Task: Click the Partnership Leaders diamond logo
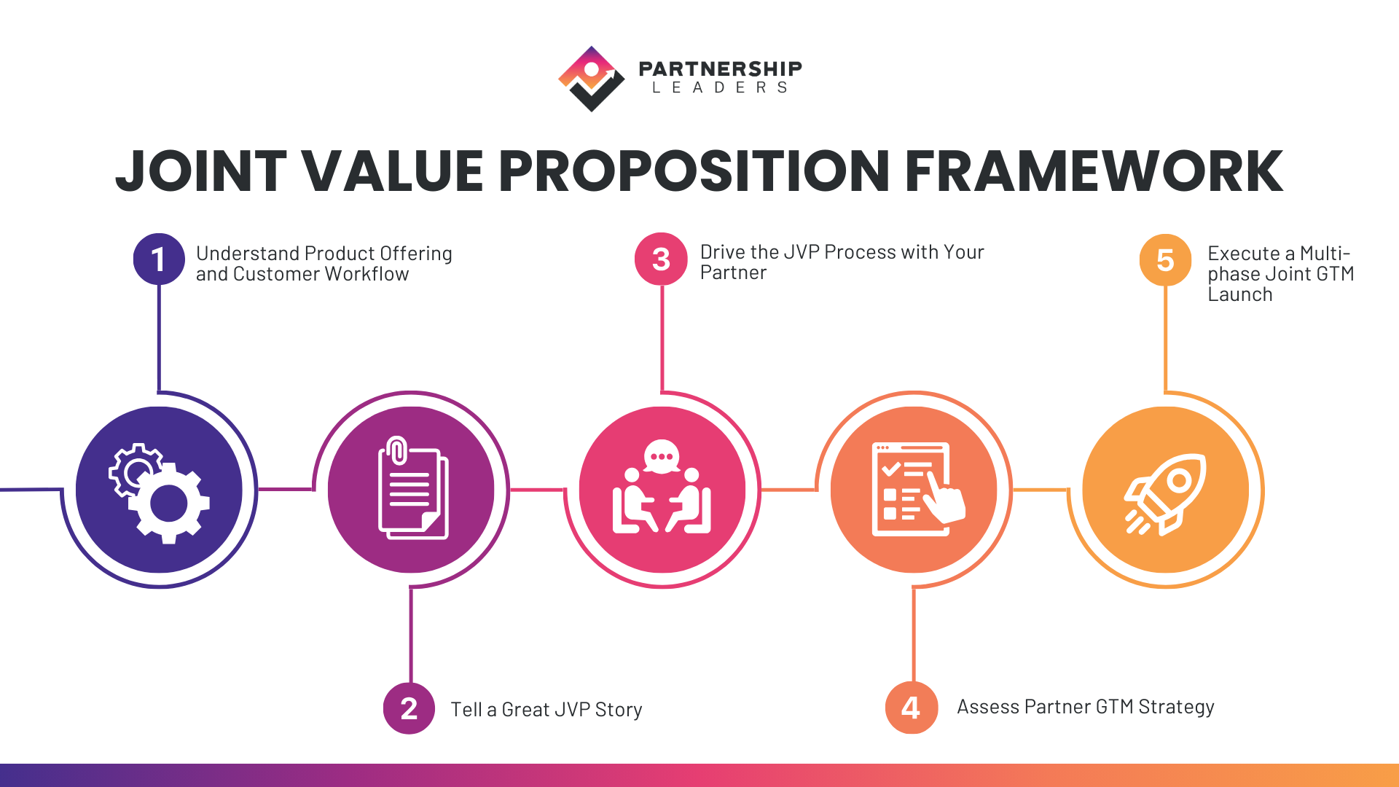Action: [x=591, y=79]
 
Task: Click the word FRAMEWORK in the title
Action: [x=1093, y=172]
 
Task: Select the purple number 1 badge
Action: [x=159, y=259]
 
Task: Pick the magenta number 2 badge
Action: [x=409, y=708]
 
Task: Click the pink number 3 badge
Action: [x=661, y=259]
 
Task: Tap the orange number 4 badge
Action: [x=911, y=708]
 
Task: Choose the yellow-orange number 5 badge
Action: [x=1165, y=260]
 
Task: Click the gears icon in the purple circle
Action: [x=160, y=492]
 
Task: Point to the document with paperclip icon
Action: [x=412, y=488]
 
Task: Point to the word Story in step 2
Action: [x=618, y=710]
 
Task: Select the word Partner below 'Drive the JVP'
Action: [x=733, y=273]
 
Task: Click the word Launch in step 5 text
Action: [x=1239, y=295]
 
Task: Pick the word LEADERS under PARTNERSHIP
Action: [x=720, y=88]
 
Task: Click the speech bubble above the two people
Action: [x=662, y=457]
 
